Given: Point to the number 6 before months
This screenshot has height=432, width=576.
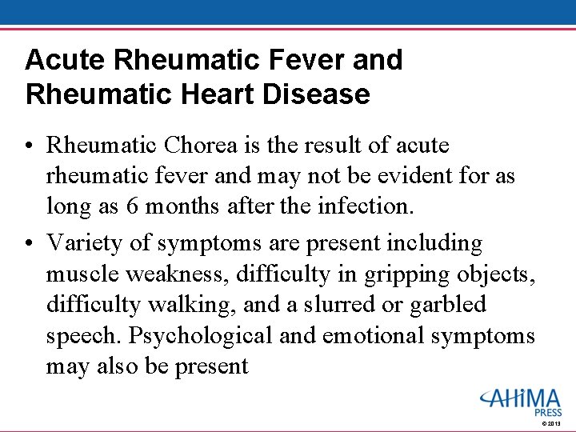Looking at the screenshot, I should (133, 206).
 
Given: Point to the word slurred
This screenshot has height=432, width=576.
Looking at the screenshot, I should (350, 305).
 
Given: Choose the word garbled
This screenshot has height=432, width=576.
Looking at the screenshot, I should (450, 305).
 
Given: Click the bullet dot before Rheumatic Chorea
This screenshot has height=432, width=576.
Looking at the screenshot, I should (30, 146).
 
